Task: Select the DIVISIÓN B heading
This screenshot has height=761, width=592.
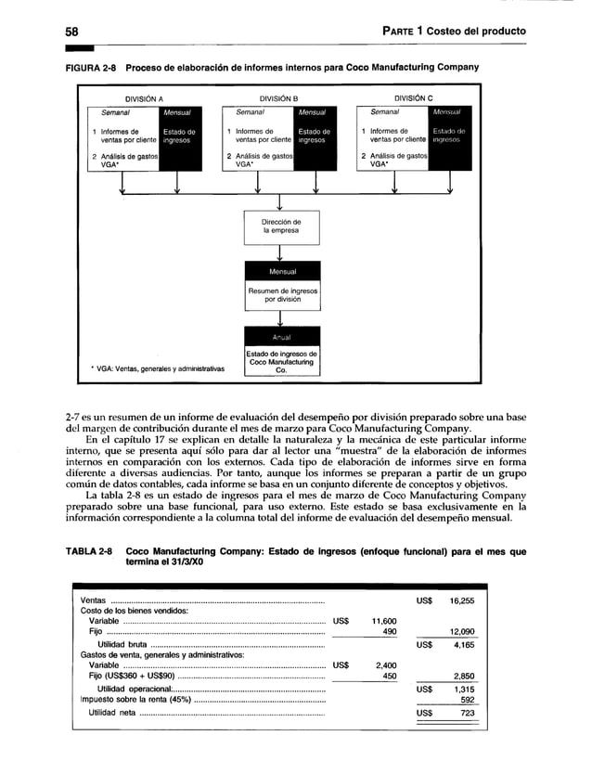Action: click(278, 97)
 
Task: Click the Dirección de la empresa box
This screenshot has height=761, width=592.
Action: click(281, 227)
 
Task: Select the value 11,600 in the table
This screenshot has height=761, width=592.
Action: click(383, 621)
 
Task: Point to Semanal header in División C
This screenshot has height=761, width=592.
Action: click(384, 111)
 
